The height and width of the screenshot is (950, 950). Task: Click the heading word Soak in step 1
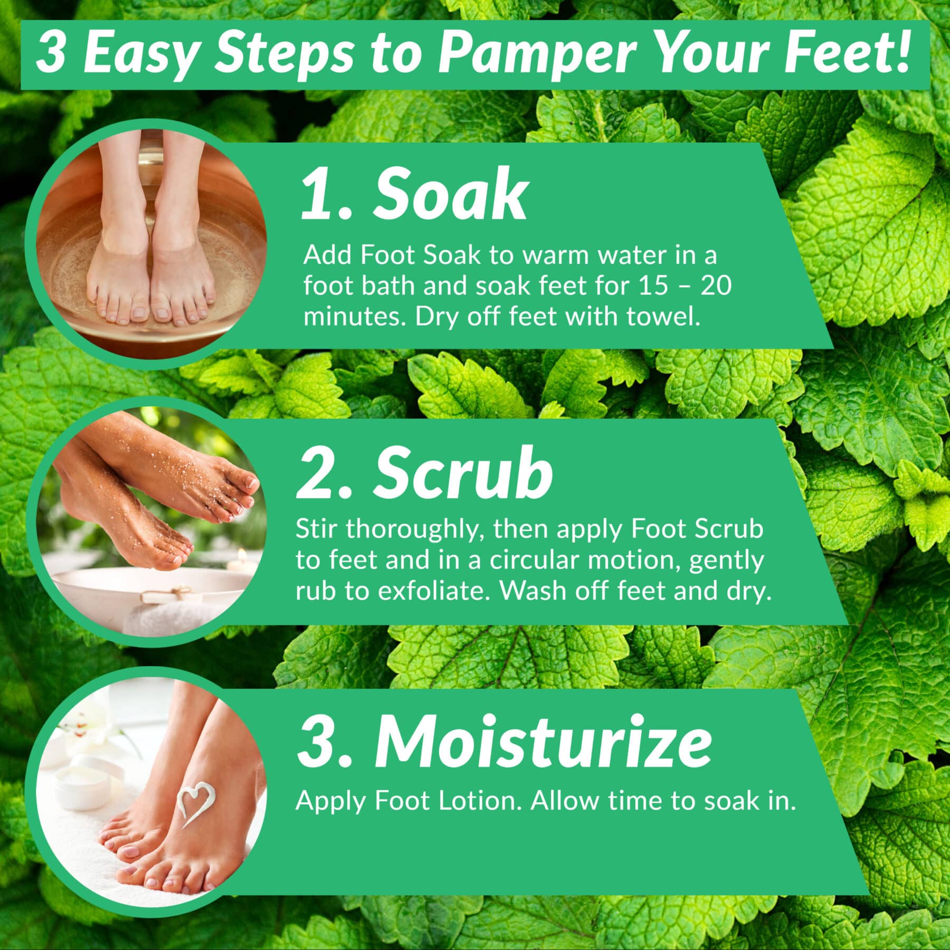(450, 195)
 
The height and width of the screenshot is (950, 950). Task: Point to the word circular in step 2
(535, 561)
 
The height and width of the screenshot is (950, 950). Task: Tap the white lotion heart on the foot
(195, 803)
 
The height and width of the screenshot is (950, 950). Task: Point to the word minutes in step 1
(355, 317)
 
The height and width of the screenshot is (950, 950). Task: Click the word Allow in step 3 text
(565, 801)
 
